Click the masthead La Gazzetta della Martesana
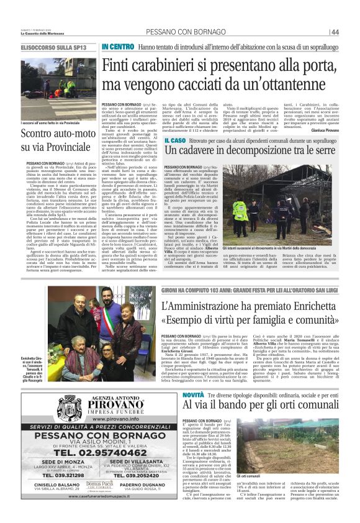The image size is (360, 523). pyautogui.click(x=42, y=33)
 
